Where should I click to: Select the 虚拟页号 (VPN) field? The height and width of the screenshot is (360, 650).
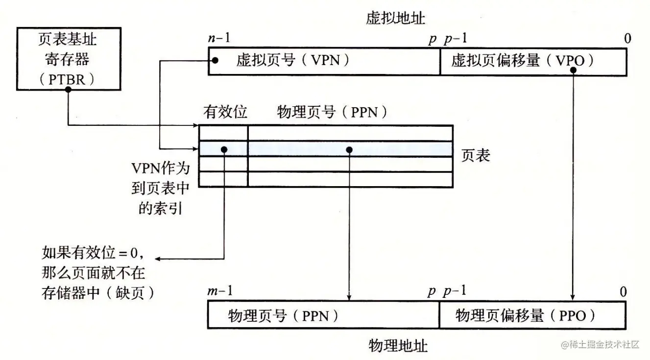[324, 61]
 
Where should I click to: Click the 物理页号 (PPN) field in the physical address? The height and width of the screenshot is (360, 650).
[324, 315]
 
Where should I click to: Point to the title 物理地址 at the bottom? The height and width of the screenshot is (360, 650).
[398, 346]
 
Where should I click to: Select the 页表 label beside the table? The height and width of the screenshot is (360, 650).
[476, 156]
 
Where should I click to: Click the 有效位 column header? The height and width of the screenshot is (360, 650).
[225, 112]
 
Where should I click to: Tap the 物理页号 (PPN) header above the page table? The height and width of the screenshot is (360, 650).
[333, 112]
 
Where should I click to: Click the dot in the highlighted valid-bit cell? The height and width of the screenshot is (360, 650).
[224, 149]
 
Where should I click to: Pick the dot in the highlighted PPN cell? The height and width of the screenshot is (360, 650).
[349, 149]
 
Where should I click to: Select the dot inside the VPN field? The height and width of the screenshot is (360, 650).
[216, 61]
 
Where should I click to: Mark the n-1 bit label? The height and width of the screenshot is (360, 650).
[219, 39]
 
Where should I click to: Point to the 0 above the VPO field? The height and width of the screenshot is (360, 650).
[627, 39]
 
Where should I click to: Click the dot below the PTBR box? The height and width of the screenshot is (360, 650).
[68, 94]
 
